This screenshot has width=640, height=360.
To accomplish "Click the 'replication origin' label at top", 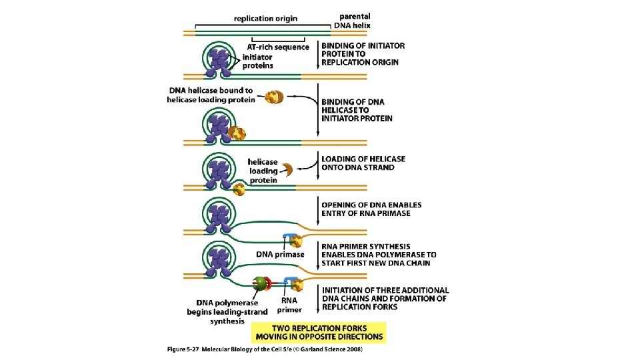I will pyautogui.click(x=265, y=19).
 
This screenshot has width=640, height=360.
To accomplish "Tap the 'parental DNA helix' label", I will pyautogui.click(x=355, y=20).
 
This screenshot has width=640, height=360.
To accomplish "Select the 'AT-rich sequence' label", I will pyautogui.click(x=278, y=47).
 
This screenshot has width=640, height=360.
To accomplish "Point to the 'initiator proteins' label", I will pyautogui.click(x=257, y=61).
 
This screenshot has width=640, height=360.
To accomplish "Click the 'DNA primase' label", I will pyautogui.click(x=280, y=254).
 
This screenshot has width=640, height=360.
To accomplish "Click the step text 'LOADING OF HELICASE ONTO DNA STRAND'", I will pyautogui.click(x=363, y=163).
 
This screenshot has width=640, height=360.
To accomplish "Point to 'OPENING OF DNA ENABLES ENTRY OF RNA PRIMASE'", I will pyautogui.click(x=371, y=209).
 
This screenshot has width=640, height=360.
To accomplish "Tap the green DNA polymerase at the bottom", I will pyautogui.click(x=259, y=285).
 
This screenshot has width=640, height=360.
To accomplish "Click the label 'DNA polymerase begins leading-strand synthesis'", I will pyautogui.click(x=227, y=311).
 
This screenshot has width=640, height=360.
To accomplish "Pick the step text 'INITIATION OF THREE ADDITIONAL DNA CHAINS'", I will pyautogui.click(x=385, y=298).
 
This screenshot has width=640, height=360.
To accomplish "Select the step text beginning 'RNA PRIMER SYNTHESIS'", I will pyautogui.click(x=378, y=254).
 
